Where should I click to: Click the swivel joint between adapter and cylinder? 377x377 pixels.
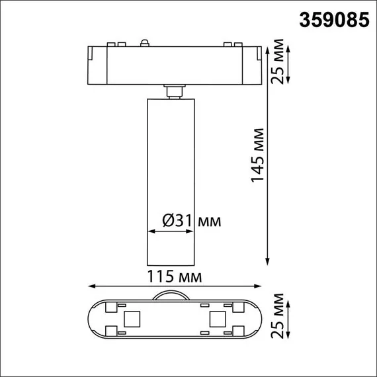pyautogui.click(x=175, y=91)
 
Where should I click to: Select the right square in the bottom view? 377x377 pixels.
pyautogui.click(x=216, y=319)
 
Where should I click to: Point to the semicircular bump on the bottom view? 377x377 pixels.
pyautogui.click(x=173, y=296)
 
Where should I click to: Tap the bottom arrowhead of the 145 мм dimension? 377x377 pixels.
pyautogui.click(x=268, y=260)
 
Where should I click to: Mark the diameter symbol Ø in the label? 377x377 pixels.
pyautogui.click(x=168, y=220)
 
